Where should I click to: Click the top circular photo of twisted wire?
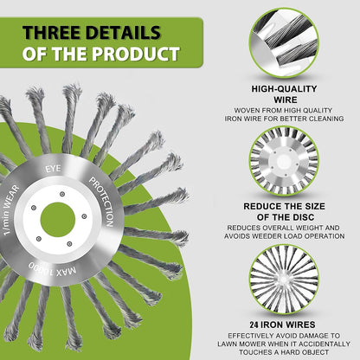(x=284, y=42)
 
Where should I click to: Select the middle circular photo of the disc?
(x=284, y=160)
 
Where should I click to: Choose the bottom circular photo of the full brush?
(x=284, y=278)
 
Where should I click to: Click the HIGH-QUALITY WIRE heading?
(x=283, y=94)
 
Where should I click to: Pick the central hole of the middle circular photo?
(x=284, y=161)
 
